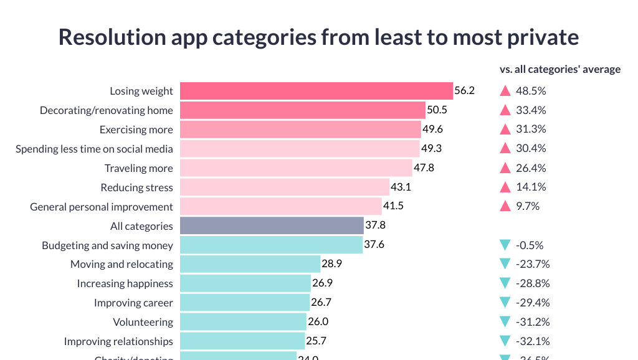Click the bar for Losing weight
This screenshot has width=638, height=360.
[x=316, y=91]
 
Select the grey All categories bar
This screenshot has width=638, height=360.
[x=272, y=225]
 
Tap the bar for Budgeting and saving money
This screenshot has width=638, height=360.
[x=271, y=245]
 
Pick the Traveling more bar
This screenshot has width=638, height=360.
[x=296, y=168]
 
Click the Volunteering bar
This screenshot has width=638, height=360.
[x=243, y=322]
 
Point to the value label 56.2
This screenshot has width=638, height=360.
[x=464, y=91]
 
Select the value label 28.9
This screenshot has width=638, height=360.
[x=331, y=264]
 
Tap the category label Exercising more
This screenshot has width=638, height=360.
[x=136, y=130]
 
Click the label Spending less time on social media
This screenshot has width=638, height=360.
[x=94, y=149]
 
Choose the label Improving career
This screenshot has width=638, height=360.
[x=133, y=303]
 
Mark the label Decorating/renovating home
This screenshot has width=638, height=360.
[x=107, y=110]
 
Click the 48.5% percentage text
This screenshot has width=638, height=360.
[x=531, y=91]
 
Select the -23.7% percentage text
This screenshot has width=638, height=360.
[x=533, y=264]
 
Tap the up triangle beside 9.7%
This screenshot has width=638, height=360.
[x=505, y=206]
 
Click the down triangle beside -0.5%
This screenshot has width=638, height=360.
[x=505, y=245]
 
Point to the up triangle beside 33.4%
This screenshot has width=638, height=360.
[x=505, y=110]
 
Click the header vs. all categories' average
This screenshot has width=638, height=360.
[x=560, y=69]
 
